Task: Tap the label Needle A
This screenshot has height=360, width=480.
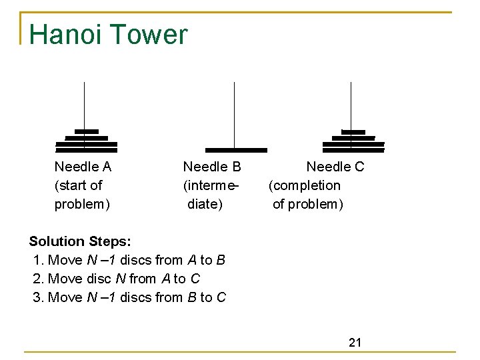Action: tap(83, 167)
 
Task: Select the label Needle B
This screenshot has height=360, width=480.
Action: tap(212, 167)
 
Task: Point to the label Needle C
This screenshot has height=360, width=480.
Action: tap(335, 167)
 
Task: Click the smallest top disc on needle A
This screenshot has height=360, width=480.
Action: tap(87, 131)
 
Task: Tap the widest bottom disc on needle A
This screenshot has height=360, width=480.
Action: tap(86, 150)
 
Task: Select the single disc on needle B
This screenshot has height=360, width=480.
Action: tap(236, 150)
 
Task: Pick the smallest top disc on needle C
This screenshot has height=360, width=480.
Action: tap(353, 132)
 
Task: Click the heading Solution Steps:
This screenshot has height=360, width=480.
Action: tap(80, 241)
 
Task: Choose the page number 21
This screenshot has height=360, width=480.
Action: tap(355, 343)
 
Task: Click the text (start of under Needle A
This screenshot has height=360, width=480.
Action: tap(79, 185)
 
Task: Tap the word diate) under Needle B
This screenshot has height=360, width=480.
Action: tap(205, 204)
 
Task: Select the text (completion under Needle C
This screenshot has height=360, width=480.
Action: tap(305, 185)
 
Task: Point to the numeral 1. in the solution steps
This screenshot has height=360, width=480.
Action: tap(39, 260)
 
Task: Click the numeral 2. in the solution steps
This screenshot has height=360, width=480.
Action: tap(39, 279)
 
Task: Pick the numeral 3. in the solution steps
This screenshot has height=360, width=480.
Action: tap(39, 297)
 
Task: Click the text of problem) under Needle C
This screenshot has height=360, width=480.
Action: tap(308, 204)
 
